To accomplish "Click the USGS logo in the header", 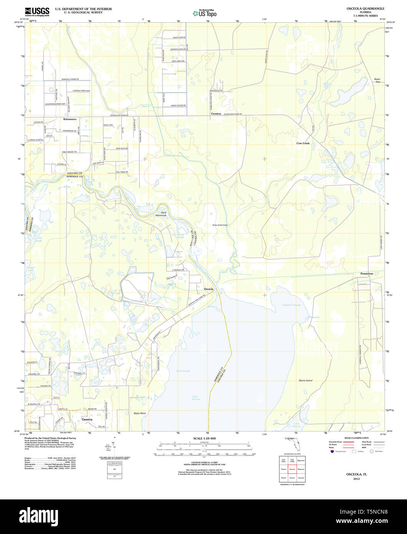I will tap(37, 12).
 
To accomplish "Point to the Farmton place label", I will tap(216, 114).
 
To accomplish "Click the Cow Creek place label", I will tap(303, 143).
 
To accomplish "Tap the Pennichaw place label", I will tap(366, 274).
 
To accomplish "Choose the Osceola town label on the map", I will tap(208, 289).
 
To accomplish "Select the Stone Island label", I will tap(306, 381).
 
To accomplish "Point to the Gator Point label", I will tap(140, 413).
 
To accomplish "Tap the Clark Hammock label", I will tap(163, 214).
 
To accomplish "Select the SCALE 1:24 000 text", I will tap(204, 438).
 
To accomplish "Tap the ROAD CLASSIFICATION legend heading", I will tap(356, 438).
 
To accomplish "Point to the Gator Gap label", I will tap(377, 80).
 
